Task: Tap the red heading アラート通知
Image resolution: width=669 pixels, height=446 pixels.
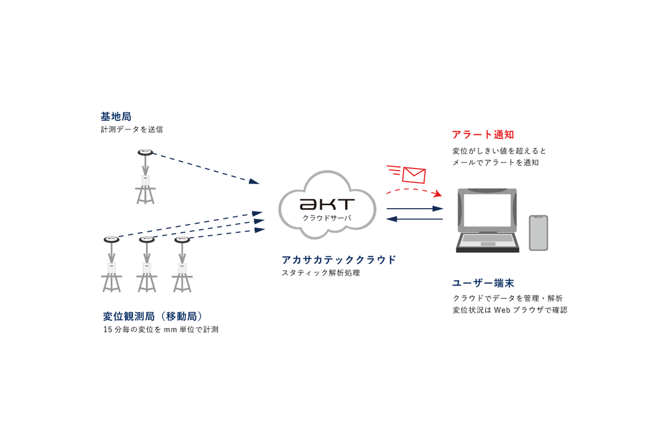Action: tap(483, 135)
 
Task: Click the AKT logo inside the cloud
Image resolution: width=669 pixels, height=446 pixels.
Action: tap(327, 204)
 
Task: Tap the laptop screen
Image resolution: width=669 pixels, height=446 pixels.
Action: tap(487, 210)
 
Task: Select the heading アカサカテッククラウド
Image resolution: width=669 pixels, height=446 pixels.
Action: tap(339, 260)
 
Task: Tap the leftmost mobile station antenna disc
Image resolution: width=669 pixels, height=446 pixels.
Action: tap(111, 240)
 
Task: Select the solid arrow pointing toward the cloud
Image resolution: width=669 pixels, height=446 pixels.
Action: tap(414, 219)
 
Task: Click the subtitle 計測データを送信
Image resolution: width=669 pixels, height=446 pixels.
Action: tap(132, 129)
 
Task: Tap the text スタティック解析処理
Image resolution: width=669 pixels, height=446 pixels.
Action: tap(321, 273)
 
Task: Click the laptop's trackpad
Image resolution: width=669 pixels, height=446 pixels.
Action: tap(488, 244)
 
